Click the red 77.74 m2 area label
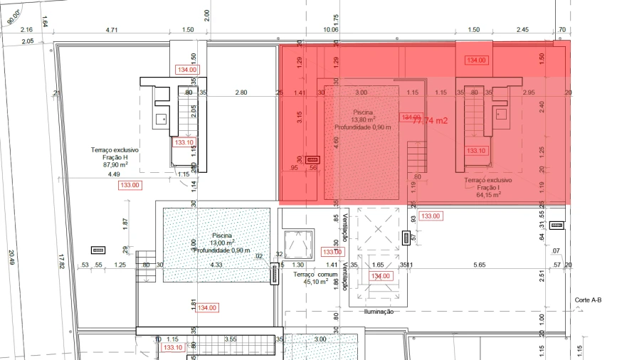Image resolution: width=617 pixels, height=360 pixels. pos(430,121)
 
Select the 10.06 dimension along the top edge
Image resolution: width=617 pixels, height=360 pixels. pos(330,30)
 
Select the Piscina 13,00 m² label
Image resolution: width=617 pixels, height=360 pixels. pos(231,242)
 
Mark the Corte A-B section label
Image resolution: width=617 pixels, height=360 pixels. pos(588,300)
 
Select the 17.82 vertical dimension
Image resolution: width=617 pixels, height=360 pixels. pos(61,261)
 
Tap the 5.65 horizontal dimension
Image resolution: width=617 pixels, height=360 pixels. pos(479,265)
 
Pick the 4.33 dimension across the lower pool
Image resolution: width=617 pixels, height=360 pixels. pos(216,265)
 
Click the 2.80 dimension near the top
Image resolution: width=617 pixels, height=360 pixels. pos(241,92)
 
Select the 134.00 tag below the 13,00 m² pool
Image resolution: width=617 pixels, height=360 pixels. pos(207,308)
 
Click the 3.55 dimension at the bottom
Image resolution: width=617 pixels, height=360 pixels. pos(230,339)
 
